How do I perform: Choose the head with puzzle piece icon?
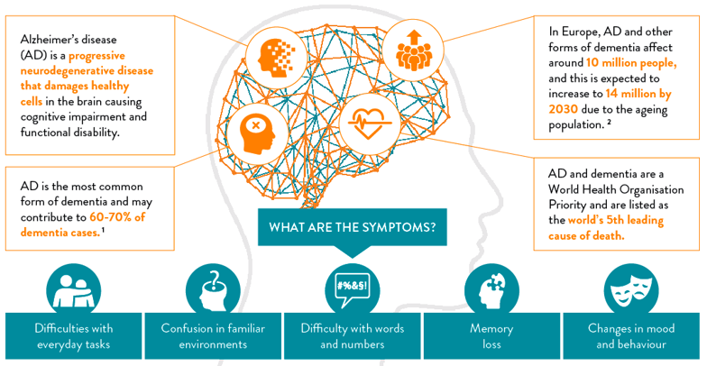tap(491, 290)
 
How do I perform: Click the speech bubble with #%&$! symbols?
tap(353, 290)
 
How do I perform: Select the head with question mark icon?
tap(214, 290)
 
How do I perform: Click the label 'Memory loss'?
tap(491, 336)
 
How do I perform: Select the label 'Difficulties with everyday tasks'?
tap(74, 336)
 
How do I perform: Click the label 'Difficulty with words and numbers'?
tap(353, 336)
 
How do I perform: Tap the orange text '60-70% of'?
tap(126, 217)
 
